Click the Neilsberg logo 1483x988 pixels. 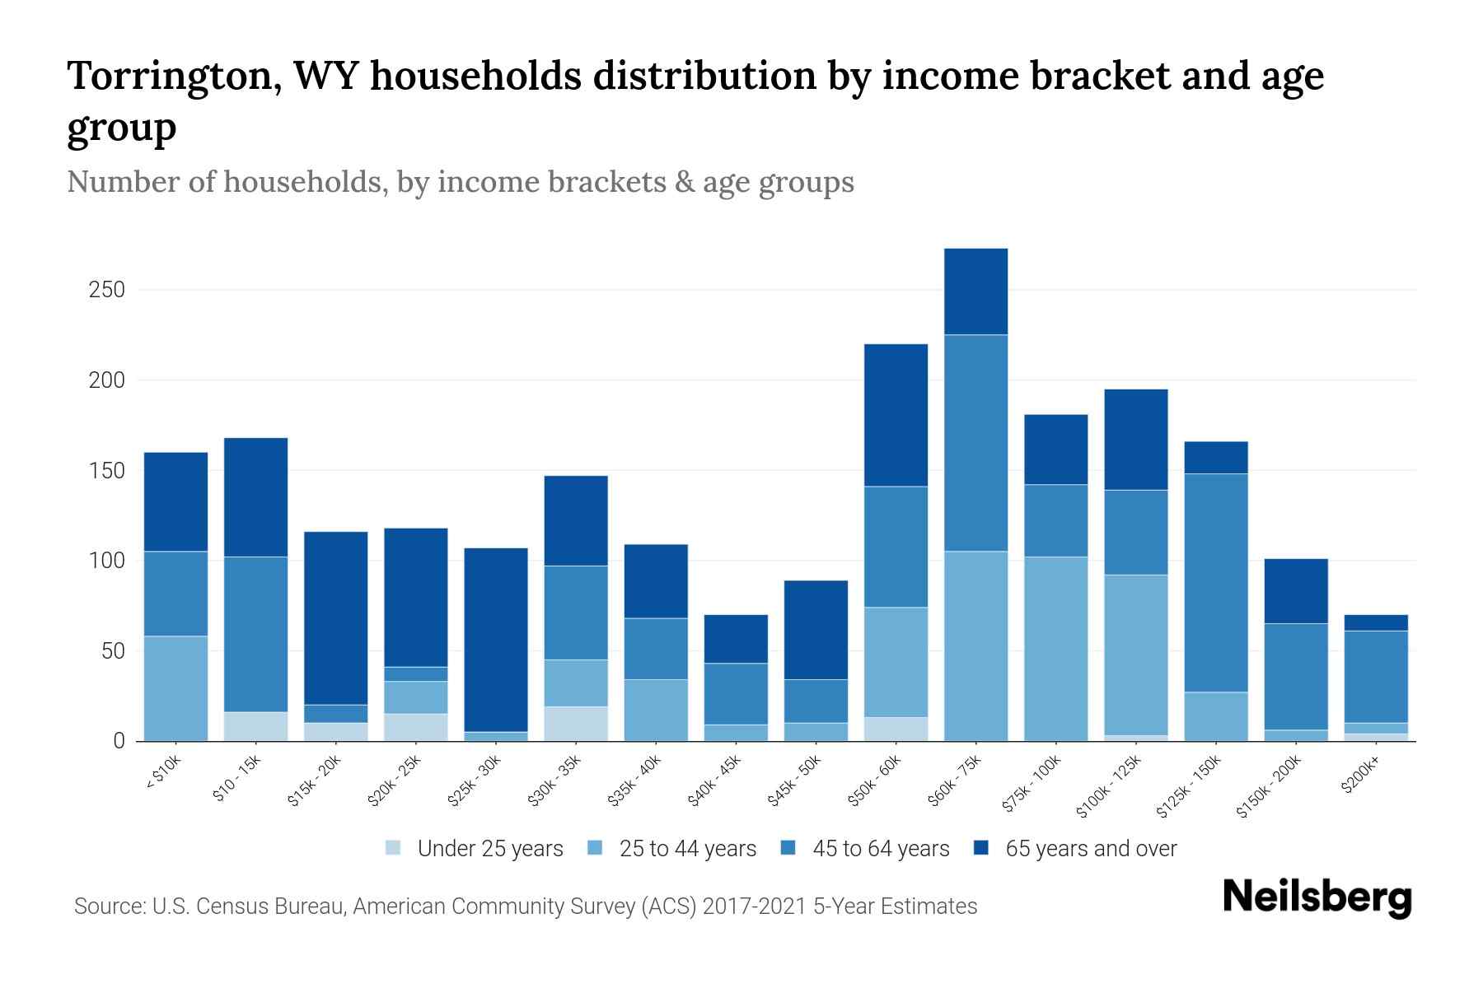coord(1317,897)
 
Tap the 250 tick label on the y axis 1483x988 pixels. coord(107,290)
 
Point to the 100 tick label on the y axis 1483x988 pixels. coord(107,561)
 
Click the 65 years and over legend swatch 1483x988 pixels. coord(981,848)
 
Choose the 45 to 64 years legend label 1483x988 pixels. coord(881,849)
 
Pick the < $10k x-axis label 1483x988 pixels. coord(163,774)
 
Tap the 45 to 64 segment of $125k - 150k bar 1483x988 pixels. coord(1216,583)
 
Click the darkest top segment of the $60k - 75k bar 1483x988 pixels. coord(975,291)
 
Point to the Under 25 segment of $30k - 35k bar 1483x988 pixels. coord(576,724)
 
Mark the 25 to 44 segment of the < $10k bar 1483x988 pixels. coord(175,688)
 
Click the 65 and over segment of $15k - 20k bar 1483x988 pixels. coord(336,617)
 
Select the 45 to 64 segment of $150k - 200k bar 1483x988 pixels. coord(1296,677)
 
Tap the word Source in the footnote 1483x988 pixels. coord(108,906)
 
